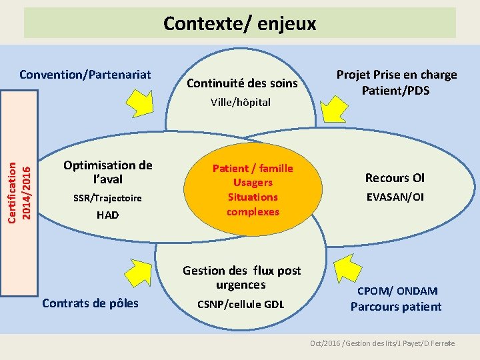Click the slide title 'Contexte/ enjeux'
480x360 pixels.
tap(240, 24)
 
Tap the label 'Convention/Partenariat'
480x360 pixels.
tap(85, 74)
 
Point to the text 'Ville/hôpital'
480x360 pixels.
tap(241, 102)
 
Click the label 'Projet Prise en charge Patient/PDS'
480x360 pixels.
tap(397, 82)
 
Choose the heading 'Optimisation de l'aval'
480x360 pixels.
tap(107, 172)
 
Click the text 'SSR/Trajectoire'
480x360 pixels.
tap(107, 198)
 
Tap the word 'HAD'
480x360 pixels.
tap(107, 215)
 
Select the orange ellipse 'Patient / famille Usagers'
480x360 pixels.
tap(253, 189)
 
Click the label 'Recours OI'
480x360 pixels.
tap(395, 177)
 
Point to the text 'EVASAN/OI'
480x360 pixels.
tap(395, 197)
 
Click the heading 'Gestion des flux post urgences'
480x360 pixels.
tap(241, 277)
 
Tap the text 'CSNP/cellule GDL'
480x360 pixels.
tap(241, 304)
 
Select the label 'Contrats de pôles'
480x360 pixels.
tap(91, 303)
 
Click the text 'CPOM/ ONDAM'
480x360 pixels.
tap(397, 291)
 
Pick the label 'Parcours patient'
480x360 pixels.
tap(396, 307)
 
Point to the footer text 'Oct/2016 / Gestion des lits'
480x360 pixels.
tap(349, 343)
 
